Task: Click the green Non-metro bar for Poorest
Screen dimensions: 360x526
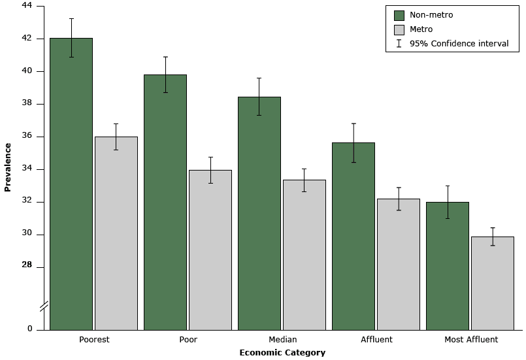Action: pyautogui.click(x=71, y=184)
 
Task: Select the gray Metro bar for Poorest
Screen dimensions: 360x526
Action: pyautogui.click(x=116, y=233)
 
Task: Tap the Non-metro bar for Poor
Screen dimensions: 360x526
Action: pyautogui.click(x=165, y=202)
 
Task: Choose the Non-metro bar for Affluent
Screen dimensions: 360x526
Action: pyautogui.click(x=353, y=236)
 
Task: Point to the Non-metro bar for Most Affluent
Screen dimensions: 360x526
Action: pyautogui.click(x=447, y=265)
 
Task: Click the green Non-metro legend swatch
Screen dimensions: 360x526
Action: pyautogui.click(x=399, y=15)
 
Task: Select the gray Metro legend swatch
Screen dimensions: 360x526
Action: pyautogui.click(x=399, y=29)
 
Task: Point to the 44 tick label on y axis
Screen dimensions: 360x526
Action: pyautogui.click(x=27, y=6)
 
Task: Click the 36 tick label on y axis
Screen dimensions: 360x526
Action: pyautogui.click(x=27, y=137)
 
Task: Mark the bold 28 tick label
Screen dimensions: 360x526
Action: pyautogui.click(x=27, y=265)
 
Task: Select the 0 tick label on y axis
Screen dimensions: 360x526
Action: pyautogui.click(x=29, y=329)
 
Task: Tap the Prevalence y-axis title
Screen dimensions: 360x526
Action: pyautogui.click(x=8, y=167)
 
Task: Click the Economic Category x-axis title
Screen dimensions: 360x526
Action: pyautogui.click(x=282, y=352)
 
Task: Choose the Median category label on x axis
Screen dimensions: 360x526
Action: pyautogui.click(x=282, y=340)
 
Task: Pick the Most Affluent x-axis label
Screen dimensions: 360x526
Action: pyautogui.click(x=470, y=340)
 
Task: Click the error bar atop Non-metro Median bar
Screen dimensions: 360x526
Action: pyautogui.click(x=259, y=97)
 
